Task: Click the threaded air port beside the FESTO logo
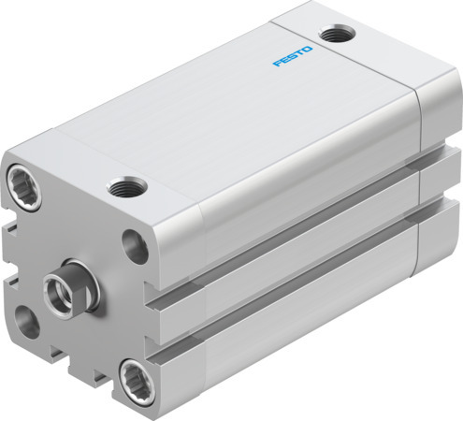point(332,35)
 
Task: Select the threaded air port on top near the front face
point(123,188)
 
